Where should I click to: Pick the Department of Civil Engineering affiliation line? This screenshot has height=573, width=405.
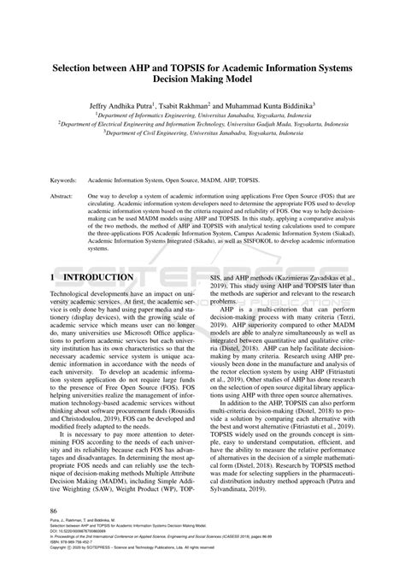[x=202, y=133]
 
